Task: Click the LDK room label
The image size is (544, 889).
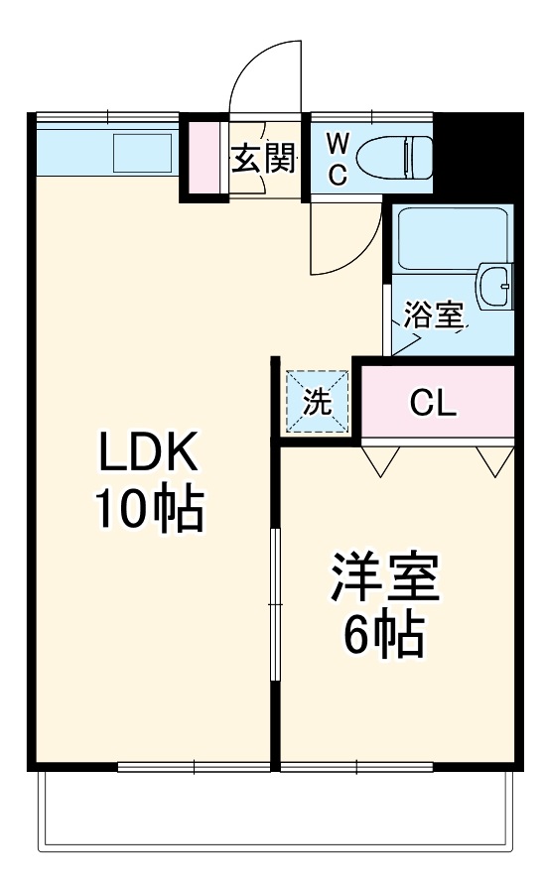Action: [x=149, y=455]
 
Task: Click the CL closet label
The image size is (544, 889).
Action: [x=434, y=402]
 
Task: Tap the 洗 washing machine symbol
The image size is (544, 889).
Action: [x=317, y=402]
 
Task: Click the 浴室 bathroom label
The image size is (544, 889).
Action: [x=434, y=317]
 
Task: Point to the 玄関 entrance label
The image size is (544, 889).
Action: [x=264, y=158]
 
